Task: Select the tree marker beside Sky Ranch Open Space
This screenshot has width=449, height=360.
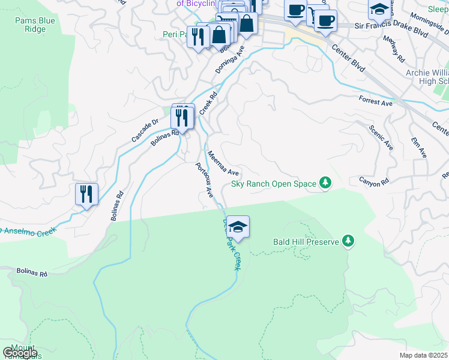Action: tap(325, 182)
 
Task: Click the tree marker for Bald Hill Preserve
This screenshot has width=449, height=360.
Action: tap(348, 241)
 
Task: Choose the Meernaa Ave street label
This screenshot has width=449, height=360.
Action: tap(223, 163)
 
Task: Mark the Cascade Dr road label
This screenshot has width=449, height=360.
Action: tap(145, 130)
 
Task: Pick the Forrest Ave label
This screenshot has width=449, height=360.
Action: tap(375, 101)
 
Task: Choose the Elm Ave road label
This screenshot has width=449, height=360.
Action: tap(418, 146)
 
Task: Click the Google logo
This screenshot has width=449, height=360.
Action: tap(20, 353)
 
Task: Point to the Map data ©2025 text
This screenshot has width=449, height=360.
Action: tap(423, 355)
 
